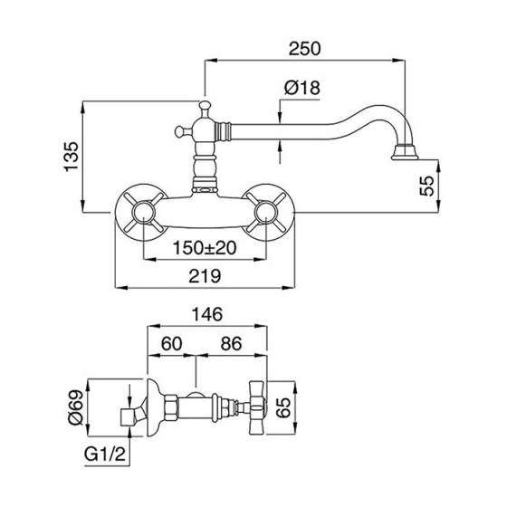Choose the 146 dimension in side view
click(208, 314)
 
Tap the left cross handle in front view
click(142, 213)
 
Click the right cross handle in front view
click(270, 213)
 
